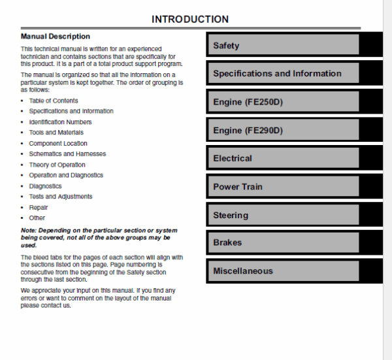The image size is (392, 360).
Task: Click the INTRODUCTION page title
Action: (190, 20)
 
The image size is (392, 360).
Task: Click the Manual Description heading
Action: (56, 37)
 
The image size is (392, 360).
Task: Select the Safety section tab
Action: (283, 45)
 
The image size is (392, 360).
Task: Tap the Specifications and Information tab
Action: (283, 73)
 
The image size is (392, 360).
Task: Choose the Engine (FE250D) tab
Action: (283, 102)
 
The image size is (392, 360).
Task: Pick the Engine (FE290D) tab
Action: (283, 130)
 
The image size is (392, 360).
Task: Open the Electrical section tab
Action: (283, 158)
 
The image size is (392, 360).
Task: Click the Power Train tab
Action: (283, 187)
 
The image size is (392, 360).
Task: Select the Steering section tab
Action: (283, 215)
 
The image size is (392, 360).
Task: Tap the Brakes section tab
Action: (283, 242)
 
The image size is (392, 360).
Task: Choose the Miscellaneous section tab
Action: (283, 270)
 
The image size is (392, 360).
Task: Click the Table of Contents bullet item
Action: (54, 101)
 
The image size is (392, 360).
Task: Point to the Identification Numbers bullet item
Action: (60, 122)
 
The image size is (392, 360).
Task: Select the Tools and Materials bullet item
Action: (56, 133)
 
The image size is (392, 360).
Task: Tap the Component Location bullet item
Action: (58, 144)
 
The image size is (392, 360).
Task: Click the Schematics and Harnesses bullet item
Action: (67, 154)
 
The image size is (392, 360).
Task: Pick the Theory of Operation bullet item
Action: (57, 165)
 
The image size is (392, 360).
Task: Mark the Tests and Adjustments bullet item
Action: (61, 197)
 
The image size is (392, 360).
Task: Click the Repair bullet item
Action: (39, 207)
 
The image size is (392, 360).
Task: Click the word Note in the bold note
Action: (29, 231)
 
